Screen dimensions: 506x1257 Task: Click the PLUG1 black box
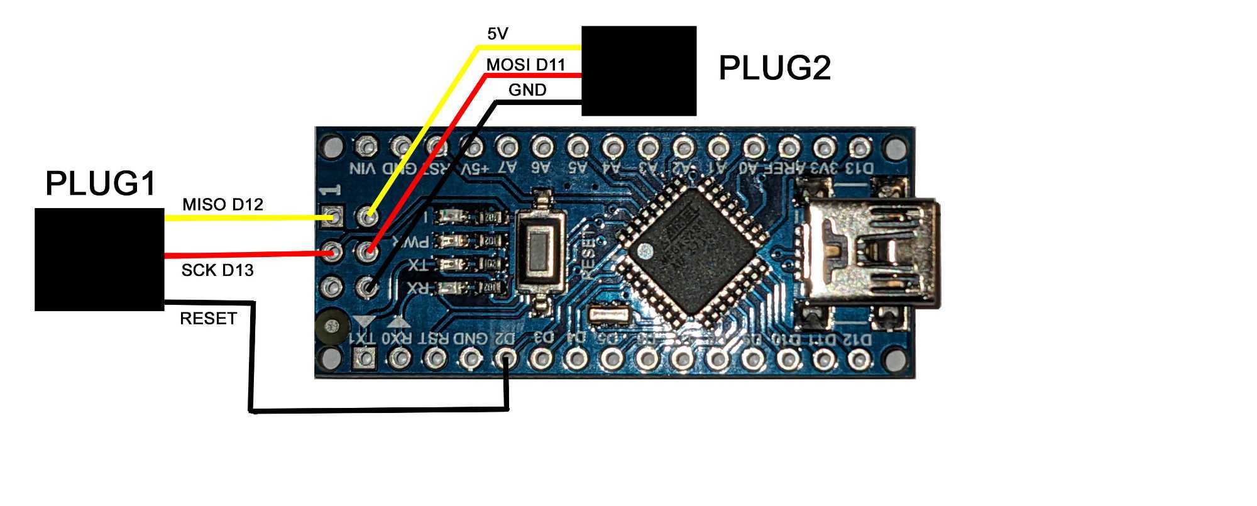[x=99, y=259]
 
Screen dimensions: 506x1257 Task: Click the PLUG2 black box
[x=639, y=70]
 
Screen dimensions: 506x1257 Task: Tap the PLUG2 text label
[x=774, y=68]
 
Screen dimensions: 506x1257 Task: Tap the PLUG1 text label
[x=101, y=185]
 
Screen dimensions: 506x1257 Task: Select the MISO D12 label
[x=222, y=204]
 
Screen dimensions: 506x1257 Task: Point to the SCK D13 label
[x=217, y=270]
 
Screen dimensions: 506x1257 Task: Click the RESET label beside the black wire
[x=208, y=319]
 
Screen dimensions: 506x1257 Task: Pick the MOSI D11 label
[x=525, y=64]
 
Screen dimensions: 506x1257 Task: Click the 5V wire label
[x=497, y=34]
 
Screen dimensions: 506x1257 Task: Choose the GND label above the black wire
[x=527, y=90]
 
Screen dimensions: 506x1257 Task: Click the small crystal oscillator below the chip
[x=609, y=314]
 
